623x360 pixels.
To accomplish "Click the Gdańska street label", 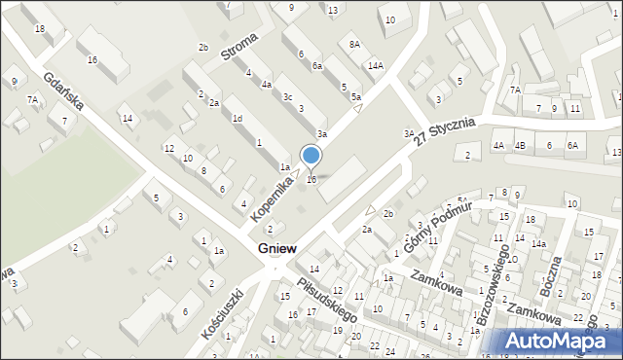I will [x=66, y=93].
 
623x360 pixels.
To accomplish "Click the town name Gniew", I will [x=279, y=250].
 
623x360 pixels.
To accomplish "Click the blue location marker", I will [x=311, y=156].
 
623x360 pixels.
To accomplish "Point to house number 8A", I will [x=355, y=45].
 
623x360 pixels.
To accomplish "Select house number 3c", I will [x=287, y=97].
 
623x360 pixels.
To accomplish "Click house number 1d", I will [x=238, y=118].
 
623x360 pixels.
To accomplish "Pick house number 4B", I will [x=520, y=146].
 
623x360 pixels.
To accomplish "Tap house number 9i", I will [x=14, y=81].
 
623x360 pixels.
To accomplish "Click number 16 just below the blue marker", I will [x=311, y=179].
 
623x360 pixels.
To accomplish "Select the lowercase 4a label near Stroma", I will [x=266, y=84].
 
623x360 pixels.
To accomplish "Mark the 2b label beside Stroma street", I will [x=203, y=48].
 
